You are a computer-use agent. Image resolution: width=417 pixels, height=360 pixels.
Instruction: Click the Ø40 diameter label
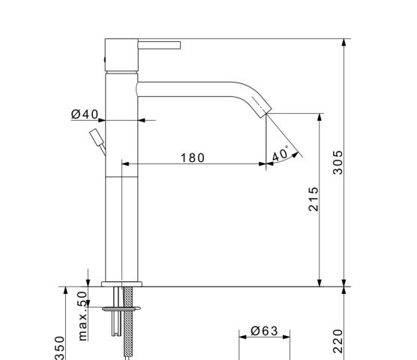coord(85,114)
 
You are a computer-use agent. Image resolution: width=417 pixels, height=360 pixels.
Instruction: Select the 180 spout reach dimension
coord(193,158)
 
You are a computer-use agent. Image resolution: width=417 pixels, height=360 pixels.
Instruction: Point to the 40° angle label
coord(280,154)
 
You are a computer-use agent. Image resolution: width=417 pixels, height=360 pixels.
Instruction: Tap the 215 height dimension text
coord(313,199)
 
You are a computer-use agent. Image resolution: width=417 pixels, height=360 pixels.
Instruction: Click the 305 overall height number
coord(338,163)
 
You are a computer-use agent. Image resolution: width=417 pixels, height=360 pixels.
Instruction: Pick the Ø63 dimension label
coord(264,331)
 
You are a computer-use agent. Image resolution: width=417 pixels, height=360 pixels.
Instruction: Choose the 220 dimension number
coord(338,341)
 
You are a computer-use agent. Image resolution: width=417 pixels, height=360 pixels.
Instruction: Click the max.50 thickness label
coord(83,316)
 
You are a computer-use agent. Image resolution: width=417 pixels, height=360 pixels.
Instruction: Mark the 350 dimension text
coord(60,348)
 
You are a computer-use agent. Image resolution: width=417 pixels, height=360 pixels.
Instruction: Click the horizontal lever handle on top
coord(159,45)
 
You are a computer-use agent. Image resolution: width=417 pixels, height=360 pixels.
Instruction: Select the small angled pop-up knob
coord(97,141)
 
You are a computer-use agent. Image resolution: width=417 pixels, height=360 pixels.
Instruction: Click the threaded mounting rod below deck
coord(128,323)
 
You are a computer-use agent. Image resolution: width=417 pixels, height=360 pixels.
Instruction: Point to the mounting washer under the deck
coord(121,309)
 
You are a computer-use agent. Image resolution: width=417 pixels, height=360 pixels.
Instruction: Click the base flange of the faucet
coord(121,284)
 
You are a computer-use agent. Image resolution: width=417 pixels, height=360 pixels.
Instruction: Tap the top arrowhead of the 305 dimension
coord(343,43)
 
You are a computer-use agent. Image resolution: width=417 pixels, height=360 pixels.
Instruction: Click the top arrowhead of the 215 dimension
coord(319,118)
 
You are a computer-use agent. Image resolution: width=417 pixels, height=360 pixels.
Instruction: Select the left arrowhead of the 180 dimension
coord(125,164)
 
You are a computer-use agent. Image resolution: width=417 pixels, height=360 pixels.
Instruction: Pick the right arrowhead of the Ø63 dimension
coord(286,337)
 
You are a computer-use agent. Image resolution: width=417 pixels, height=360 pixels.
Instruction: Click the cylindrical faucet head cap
coord(121,55)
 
